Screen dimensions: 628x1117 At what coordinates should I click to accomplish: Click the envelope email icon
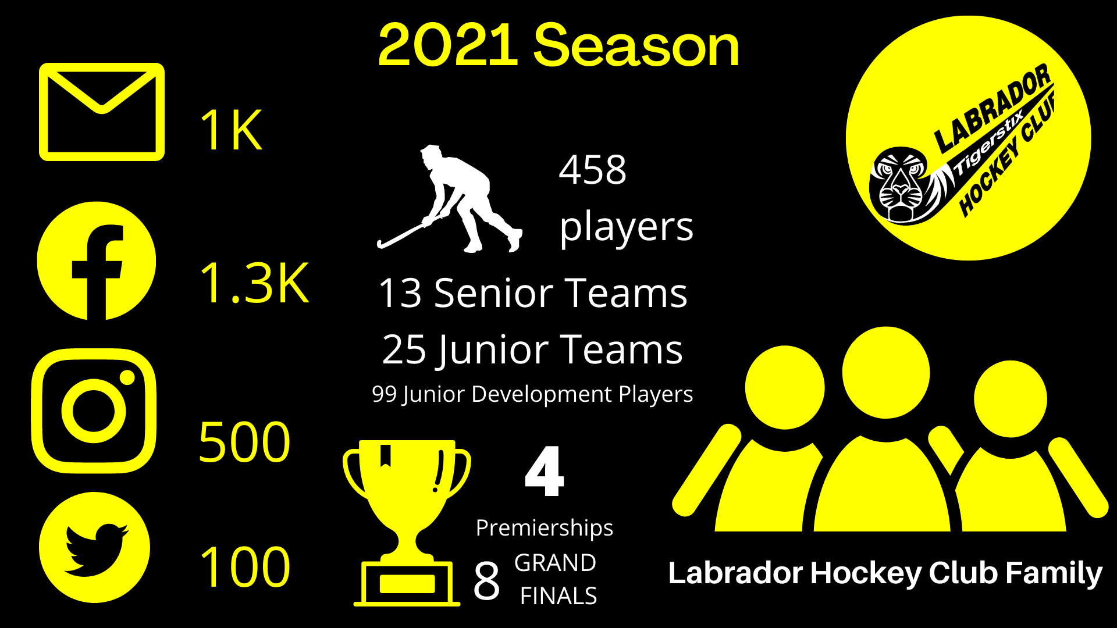coord(102,112)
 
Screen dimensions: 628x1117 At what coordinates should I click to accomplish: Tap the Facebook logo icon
coord(97,261)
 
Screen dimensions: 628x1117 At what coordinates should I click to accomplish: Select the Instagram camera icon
coord(94,411)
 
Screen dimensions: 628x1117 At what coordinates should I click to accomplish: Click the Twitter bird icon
coord(94,548)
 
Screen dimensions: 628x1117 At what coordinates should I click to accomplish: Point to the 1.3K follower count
coord(254,283)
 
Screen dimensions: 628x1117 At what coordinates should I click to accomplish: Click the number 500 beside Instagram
coord(244,443)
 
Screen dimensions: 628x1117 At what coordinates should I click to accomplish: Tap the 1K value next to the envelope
coord(231,130)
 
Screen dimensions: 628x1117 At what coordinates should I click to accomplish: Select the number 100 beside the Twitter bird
coord(244,567)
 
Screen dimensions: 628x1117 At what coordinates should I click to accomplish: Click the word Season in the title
coord(636,45)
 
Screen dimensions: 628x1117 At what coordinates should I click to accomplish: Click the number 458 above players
coord(592,170)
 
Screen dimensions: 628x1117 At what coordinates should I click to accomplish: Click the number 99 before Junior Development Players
coord(384,394)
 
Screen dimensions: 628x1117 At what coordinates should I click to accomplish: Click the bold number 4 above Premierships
coord(544,472)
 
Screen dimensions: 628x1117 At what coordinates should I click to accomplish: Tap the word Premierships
coord(544,528)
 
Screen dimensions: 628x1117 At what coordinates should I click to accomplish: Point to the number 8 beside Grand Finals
coord(486,580)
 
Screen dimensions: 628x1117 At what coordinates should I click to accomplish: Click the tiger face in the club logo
coord(899,185)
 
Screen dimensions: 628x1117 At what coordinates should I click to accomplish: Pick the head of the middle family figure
coord(885,373)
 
